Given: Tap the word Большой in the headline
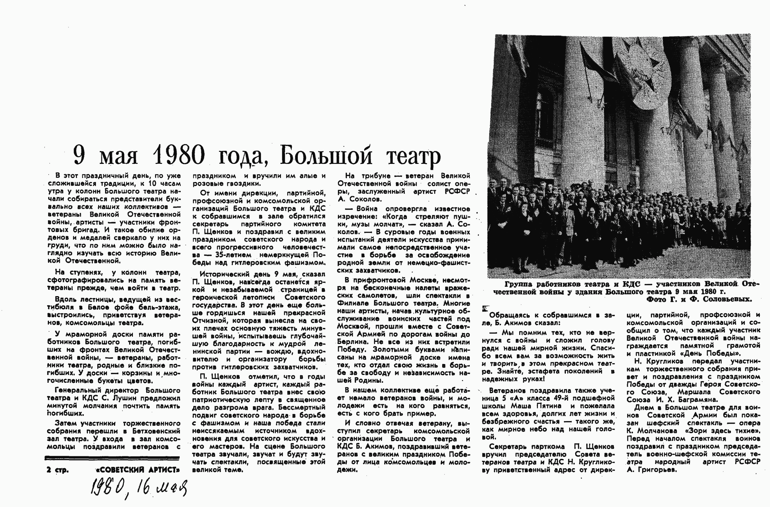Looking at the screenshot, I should [326, 155].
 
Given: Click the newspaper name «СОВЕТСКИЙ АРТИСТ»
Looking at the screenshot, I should [137, 470].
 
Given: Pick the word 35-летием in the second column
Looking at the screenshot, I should [233, 255].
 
